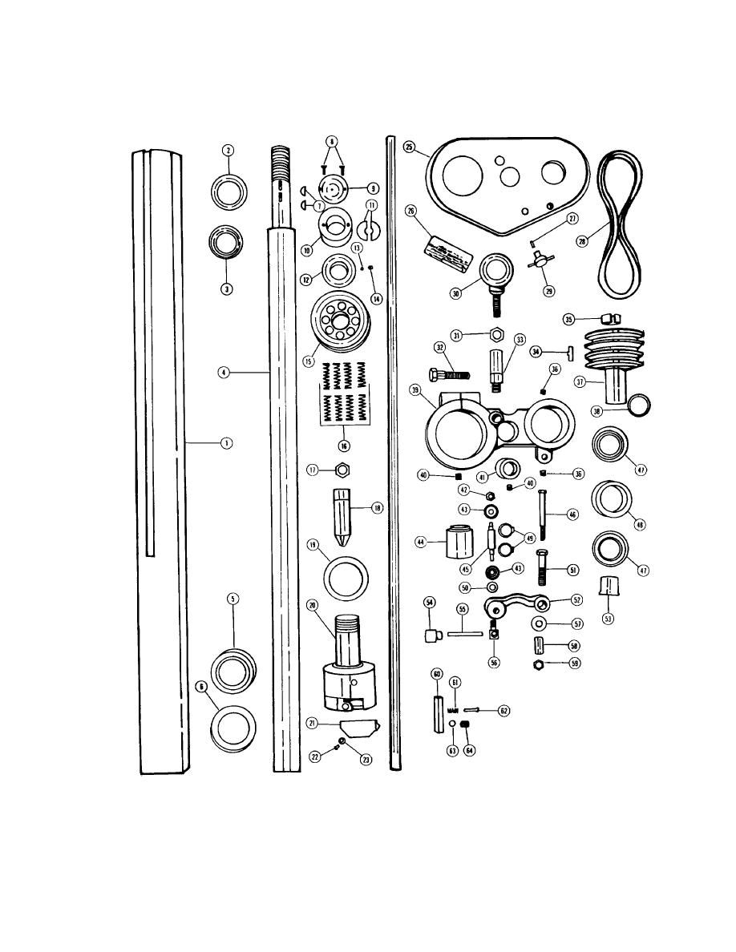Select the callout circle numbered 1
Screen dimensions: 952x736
(228, 442)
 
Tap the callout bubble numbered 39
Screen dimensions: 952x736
(415, 389)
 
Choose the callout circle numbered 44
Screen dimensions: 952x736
(419, 542)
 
